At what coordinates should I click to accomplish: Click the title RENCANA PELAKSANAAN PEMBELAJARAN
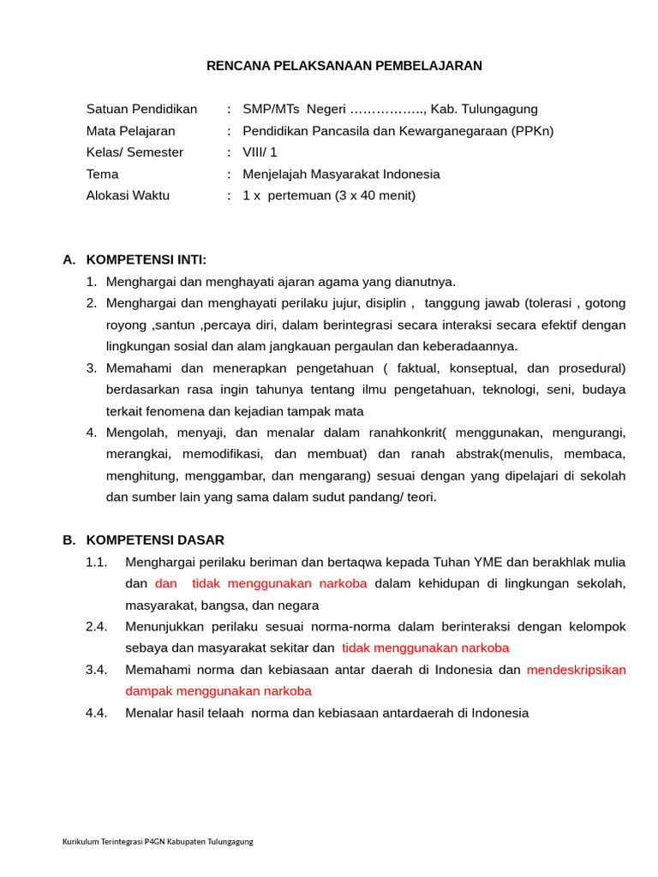344,66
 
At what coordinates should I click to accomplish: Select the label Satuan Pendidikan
141,110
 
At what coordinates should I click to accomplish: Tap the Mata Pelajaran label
130,131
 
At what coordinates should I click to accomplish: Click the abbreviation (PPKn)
532,131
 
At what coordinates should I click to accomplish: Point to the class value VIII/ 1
260,152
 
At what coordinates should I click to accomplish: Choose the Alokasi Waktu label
128,195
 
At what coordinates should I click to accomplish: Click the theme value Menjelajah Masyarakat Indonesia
341,174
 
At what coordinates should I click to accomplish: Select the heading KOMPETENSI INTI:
147,260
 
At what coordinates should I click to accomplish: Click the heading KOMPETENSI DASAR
155,540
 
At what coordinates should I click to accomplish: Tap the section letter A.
69,260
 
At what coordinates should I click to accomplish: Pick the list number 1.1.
96,563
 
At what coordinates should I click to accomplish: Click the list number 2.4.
96,627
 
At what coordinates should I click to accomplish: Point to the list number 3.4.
96,670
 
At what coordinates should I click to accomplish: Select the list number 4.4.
96,713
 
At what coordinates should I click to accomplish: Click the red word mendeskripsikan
576,670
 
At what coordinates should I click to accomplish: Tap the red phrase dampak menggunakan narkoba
218,691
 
